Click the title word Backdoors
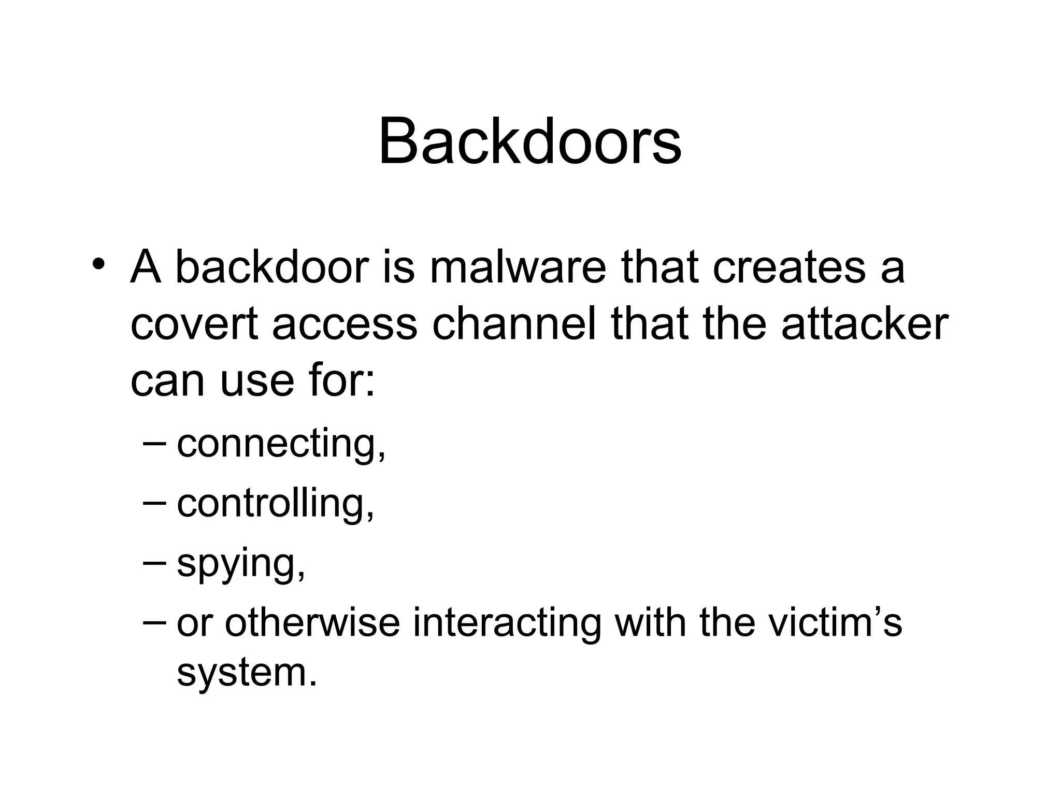click(x=530, y=141)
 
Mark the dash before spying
click(x=154, y=562)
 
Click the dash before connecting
click(x=154, y=442)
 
